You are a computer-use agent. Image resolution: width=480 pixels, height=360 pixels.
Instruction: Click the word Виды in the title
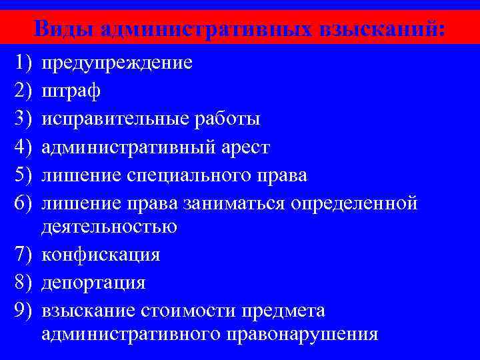point(63,28)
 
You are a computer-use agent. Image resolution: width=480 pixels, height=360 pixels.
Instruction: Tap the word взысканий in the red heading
point(382,28)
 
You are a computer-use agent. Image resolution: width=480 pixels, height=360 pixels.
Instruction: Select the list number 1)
point(23,63)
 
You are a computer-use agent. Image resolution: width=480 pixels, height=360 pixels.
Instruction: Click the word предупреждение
point(117,63)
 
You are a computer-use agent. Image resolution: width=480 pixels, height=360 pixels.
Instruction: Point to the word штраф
point(71,91)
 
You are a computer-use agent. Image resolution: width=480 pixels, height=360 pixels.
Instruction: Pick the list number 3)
point(23,119)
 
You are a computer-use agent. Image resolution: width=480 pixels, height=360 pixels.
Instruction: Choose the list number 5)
point(23,175)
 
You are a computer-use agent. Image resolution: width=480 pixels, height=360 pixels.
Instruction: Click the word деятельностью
point(109,227)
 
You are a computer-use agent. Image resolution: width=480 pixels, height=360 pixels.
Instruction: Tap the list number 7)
point(23,255)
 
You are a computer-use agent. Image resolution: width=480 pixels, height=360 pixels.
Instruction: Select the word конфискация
point(101,255)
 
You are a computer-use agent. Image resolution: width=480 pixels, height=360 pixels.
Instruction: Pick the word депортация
point(93,283)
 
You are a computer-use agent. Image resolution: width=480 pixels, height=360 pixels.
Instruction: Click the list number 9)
point(23,311)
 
